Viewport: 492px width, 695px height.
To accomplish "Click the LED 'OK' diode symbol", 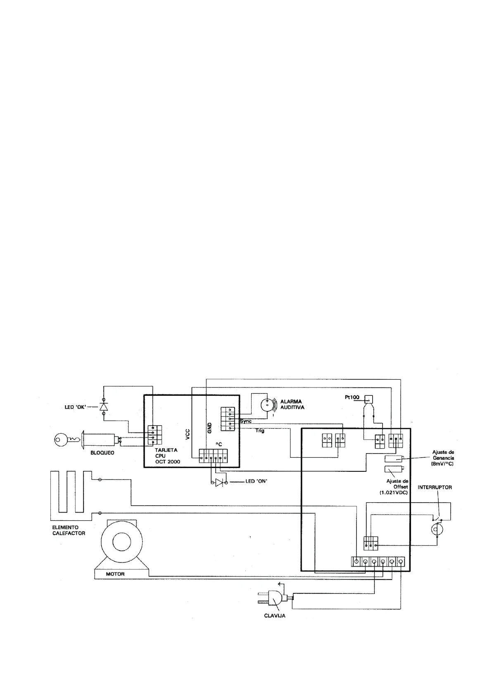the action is tap(103, 407).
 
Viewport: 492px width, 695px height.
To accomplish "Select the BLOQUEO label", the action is tap(102, 453).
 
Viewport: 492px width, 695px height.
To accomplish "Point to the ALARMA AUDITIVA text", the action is tap(292, 404).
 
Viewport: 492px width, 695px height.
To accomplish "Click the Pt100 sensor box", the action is tap(368, 399).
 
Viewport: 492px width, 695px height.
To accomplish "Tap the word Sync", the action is tap(246, 421).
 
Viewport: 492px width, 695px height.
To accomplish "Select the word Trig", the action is tap(260, 430).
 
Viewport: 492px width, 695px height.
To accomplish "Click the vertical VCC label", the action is tap(188, 434).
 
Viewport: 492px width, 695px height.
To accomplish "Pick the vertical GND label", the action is tap(209, 428).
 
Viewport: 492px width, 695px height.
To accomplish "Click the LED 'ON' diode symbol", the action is tap(219, 482).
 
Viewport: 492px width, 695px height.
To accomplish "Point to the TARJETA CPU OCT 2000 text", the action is tap(167, 456).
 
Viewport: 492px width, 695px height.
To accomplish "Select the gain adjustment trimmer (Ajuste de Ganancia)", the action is tap(393, 459).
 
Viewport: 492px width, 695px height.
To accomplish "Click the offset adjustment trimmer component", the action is tap(393, 469).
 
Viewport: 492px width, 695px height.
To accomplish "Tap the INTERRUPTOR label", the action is tap(435, 487).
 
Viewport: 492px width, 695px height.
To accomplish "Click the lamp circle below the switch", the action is tap(435, 530).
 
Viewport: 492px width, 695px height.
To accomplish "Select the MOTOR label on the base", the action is tap(115, 574).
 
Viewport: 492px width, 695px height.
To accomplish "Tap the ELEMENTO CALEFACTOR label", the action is tap(69, 530).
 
